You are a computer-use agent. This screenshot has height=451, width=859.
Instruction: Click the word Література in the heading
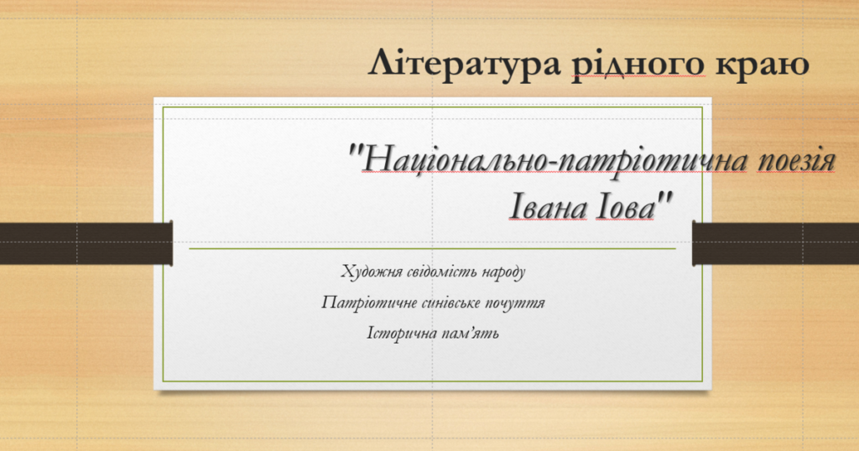point(465,64)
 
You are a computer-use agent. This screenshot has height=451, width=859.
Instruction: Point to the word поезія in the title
point(797,161)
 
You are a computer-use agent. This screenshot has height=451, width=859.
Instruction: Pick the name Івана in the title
point(548,208)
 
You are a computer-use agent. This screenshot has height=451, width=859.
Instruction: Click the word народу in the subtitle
point(503,272)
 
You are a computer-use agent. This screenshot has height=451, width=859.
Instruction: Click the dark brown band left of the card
point(86,244)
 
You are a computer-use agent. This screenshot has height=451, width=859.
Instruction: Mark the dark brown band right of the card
point(776,244)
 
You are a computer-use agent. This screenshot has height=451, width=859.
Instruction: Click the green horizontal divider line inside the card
point(432,248)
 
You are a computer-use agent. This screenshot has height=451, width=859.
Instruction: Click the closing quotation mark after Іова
point(664,200)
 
